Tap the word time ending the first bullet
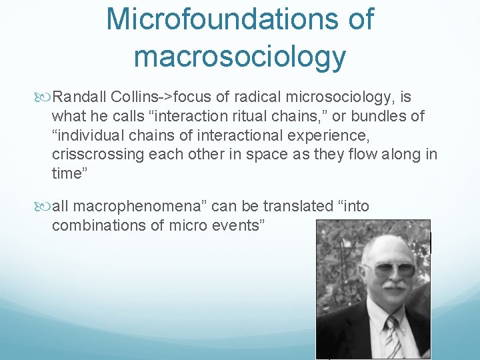click(x=67, y=173)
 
